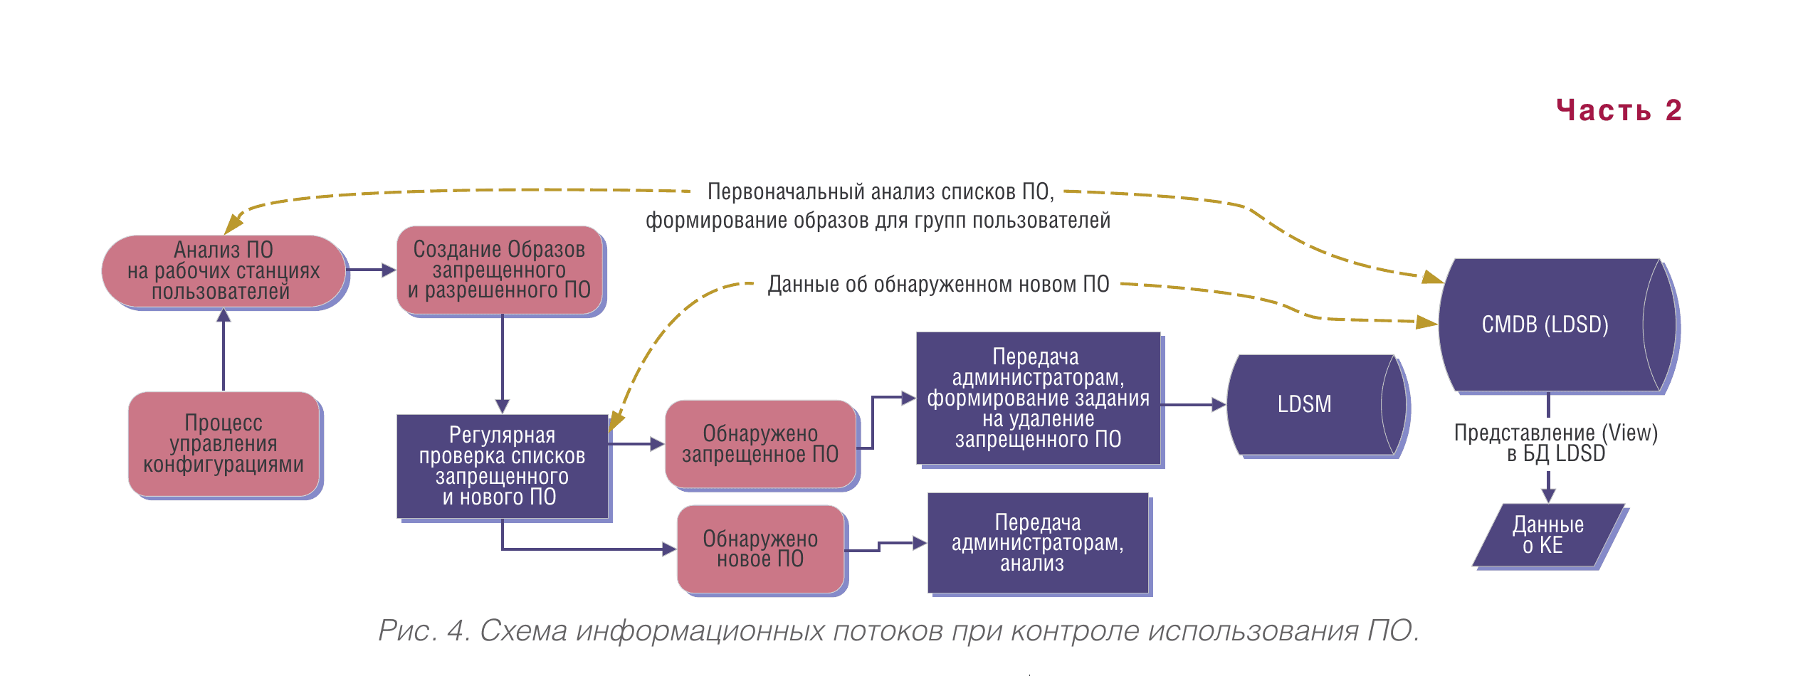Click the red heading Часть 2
coord(1618,111)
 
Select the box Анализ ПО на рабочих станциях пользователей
coord(224,271)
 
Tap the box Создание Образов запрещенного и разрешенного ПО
coord(500,270)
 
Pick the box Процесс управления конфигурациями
coord(224,444)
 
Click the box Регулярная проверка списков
coord(502,466)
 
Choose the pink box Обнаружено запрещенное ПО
coord(760,444)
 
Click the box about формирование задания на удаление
coord(1038,398)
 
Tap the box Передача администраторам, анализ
coord(1038,543)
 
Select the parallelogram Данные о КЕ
coord(1548,536)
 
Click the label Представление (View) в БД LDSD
coord(1556,443)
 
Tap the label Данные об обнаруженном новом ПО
coord(938,285)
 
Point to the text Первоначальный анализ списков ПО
coord(880,192)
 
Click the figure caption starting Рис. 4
coord(898,630)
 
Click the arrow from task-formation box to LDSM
coord(1193,405)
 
